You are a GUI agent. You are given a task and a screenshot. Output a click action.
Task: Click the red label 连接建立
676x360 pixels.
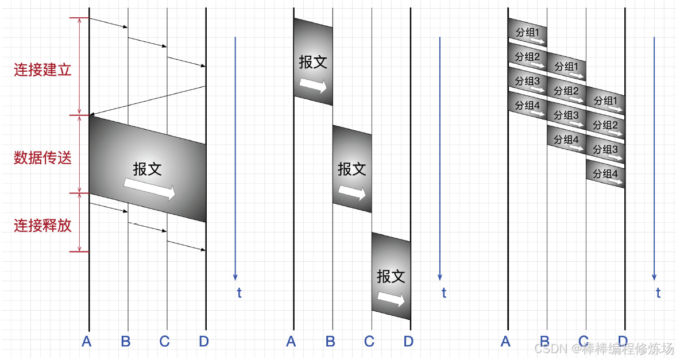(43, 70)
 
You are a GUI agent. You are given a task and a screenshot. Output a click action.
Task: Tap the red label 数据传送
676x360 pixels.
(43, 158)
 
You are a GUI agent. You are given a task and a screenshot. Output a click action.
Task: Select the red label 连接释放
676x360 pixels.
(43, 225)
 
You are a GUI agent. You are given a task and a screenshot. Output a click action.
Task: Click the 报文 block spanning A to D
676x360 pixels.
(148, 169)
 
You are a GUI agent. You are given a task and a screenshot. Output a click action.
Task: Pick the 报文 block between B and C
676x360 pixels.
(352, 169)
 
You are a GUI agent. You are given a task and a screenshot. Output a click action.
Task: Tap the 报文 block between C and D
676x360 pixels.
(391, 276)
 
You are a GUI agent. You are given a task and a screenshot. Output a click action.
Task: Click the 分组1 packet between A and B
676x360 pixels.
(527, 34)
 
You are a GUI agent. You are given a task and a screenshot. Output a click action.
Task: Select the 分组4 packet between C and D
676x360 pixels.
(605, 174)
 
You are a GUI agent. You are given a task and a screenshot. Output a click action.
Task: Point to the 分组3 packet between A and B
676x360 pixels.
(527, 82)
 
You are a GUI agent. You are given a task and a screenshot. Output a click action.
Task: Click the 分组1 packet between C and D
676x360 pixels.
(605, 101)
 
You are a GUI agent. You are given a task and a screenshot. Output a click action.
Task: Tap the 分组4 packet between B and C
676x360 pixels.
(566, 140)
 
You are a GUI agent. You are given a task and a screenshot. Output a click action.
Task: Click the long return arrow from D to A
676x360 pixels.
(148, 100)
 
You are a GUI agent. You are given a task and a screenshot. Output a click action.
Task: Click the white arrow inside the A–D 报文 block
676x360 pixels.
(150, 189)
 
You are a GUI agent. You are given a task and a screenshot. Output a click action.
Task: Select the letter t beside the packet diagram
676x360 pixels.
(658, 293)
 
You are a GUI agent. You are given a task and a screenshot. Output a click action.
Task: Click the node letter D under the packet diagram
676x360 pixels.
(623, 342)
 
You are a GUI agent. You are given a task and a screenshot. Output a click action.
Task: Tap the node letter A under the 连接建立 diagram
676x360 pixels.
(87, 342)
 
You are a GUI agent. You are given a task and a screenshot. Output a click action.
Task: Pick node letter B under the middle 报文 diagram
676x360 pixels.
(330, 342)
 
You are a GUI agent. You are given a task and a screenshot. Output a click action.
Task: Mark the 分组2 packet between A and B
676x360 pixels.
(527, 58)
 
